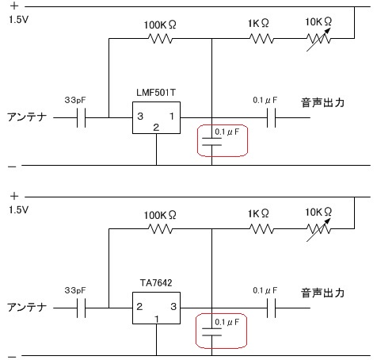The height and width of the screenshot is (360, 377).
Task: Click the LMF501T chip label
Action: pos(156,93)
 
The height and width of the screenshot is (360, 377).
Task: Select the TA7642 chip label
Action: pos(156,283)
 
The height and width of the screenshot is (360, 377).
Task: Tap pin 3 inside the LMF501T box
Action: pos(140,117)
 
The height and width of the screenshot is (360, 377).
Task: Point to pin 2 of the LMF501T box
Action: pos(156,128)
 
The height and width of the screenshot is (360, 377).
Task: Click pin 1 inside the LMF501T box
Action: pos(172,116)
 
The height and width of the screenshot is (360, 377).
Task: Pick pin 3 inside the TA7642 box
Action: pos(173,307)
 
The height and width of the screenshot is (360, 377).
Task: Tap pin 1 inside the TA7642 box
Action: pos(157,319)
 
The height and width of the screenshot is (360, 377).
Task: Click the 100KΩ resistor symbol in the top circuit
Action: pos(161,39)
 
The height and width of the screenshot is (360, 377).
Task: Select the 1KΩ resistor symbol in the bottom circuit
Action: pos(261,229)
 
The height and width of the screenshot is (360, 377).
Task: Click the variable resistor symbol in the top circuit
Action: pos(318,39)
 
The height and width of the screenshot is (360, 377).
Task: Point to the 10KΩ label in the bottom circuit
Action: pos(318,212)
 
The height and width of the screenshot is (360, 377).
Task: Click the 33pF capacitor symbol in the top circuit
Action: pos(82,117)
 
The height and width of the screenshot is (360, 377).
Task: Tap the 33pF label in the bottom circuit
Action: pos(75,290)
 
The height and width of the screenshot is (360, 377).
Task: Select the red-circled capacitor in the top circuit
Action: pos(211,141)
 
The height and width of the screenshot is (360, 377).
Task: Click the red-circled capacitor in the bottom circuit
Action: pos(211,331)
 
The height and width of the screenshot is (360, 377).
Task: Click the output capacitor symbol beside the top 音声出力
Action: pos(271,117)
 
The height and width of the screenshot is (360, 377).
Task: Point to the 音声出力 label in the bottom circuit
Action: pos(322,293)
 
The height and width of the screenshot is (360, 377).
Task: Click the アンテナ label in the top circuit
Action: pos(27,117)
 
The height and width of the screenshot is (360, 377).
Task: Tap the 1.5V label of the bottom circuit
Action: pos(18,210)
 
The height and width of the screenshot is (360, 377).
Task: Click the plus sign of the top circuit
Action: pos(14,6)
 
